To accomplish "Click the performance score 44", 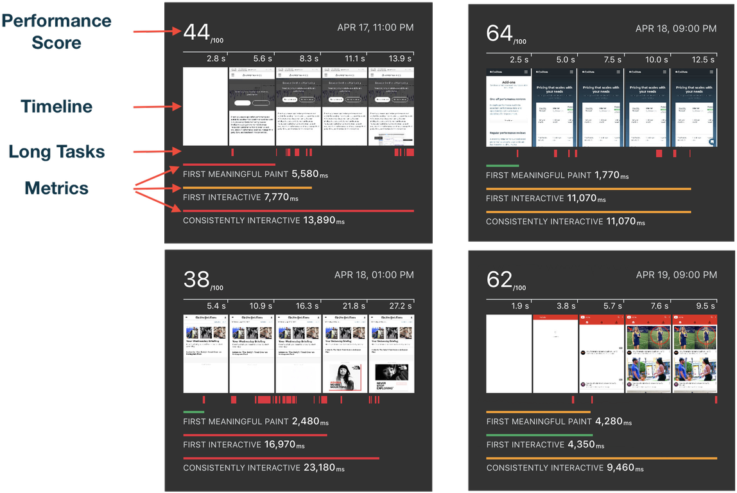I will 195,32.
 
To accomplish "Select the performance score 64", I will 499,33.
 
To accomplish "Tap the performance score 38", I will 196,280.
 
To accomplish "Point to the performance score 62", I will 499,280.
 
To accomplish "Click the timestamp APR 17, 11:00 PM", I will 375,28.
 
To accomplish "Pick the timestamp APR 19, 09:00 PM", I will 676,275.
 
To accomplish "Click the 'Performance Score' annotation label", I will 56,31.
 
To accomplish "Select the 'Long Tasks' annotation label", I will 56,152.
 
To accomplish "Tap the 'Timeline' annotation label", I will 56,106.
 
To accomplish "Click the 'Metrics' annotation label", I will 56,188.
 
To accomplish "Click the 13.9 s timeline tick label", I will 401,58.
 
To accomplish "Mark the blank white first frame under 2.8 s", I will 205,107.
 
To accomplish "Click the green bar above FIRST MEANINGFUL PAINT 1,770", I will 502,166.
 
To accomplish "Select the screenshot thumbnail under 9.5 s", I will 694,354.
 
